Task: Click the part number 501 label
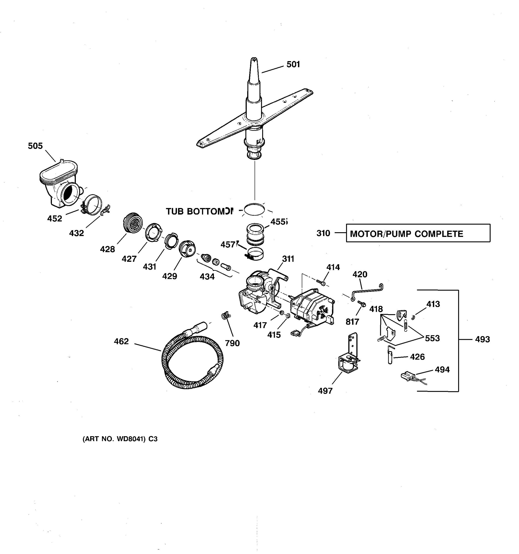tap(293, 64)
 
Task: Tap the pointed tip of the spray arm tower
tap(254, 60)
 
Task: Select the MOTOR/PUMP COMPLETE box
tap(418, 233)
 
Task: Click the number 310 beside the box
tap(323, 233)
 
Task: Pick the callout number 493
tap(482, 339)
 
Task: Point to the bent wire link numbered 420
tap(367, 291)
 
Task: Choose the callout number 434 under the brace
tap(207, 277)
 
